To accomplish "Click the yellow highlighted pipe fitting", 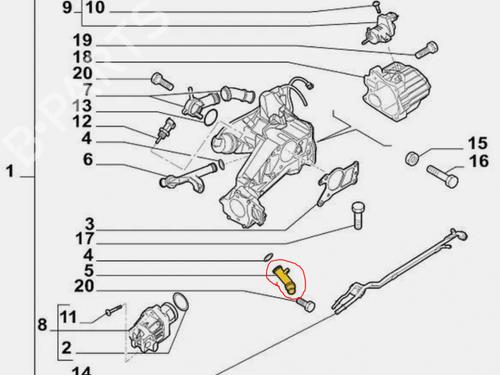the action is pos(284,280).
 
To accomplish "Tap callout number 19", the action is pos(82,41).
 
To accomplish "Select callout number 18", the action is pos(82,57).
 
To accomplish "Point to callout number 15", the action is pos(478,143).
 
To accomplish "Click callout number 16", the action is pos(479,161).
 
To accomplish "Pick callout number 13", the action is pos(82,106).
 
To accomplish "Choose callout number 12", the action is pos(82,122).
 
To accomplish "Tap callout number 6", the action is pos(88,159).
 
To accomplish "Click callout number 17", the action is pos(85,239).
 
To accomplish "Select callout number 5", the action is pos(89,270).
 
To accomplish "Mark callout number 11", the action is pos(68,317).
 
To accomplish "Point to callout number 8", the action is pos(42,325).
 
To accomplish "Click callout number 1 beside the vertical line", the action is pos(10,172).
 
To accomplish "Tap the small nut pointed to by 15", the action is pos(412,158).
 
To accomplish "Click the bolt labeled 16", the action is pos(442,176).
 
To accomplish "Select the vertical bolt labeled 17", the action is pos(358,215).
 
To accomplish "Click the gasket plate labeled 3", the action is pos(339,182).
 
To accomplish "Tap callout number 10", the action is pos(95,7).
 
